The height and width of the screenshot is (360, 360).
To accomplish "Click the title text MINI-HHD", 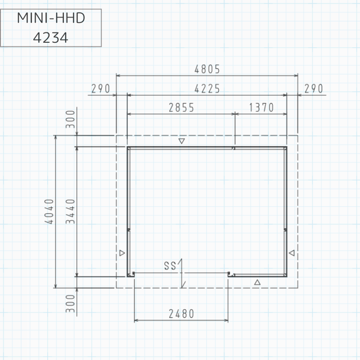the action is click(51, 18).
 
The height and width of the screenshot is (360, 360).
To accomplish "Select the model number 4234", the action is click(50, 38).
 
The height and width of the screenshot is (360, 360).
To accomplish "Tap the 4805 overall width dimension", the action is click(207, 69).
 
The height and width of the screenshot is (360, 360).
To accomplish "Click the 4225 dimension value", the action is click(207, 89).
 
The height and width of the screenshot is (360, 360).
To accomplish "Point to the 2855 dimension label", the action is click(181, 108).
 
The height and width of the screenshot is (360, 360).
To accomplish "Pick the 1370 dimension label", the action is click(261, 108).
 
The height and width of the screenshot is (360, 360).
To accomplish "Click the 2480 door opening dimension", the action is click(181, 314).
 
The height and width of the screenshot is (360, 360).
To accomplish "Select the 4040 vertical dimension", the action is click(49, 211).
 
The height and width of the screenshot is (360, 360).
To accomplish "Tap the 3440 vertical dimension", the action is click(70, 211).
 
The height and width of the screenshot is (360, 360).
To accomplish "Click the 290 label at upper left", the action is click(100, 89).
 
